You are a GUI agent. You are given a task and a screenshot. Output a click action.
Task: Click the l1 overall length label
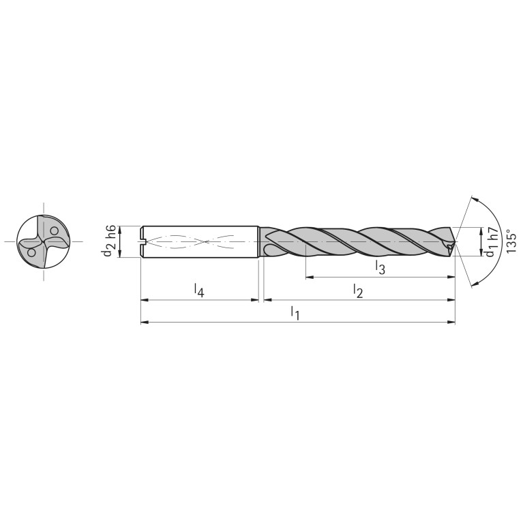point(295,313)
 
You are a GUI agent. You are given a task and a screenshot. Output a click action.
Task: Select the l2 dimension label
point(358,290)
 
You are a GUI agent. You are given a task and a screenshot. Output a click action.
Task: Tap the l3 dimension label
point(380,268)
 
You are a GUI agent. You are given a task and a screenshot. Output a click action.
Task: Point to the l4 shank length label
point(198,290)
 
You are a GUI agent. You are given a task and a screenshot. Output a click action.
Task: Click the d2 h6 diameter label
point(109,241)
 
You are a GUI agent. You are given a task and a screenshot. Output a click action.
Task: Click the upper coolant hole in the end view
point(55,230)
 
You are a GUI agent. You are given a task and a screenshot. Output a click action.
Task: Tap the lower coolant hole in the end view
point(31,253)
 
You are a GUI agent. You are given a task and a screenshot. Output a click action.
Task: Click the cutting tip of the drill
point(454,241)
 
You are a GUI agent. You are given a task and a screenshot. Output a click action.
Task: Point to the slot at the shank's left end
point(143,241)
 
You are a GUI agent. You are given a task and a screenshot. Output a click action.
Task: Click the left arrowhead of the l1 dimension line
point(143,322)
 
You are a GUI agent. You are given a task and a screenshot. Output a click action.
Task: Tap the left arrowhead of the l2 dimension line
point(267,299)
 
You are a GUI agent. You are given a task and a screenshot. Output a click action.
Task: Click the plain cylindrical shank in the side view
point(199,241)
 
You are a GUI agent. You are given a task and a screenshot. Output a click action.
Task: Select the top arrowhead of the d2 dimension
point(120,228)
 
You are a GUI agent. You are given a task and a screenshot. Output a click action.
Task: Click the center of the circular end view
point(43,241)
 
